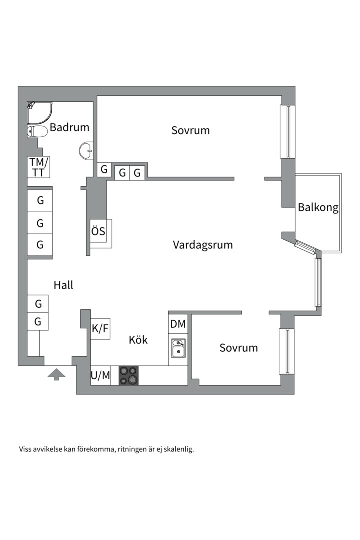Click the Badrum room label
70,127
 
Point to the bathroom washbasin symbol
86,150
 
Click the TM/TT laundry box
39,167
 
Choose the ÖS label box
98,231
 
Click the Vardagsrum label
203,245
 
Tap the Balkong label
318,207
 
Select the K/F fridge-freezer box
100,329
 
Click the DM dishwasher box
178,324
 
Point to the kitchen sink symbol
178,348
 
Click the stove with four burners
128,375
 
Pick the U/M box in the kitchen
100,376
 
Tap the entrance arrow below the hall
56,374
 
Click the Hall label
63,285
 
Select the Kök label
138,340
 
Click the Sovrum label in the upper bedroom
190,130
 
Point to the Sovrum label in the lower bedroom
238,348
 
